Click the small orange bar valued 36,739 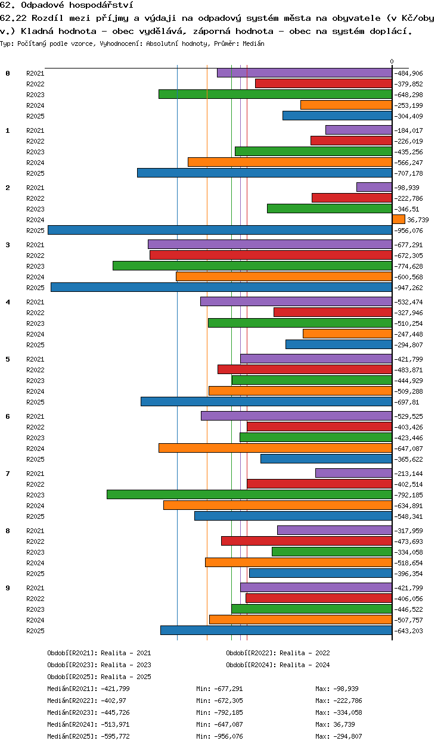399,219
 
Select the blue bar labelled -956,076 220,230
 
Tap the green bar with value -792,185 250,494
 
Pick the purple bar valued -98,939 374,187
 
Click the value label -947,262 408,288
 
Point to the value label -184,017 408,130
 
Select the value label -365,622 408,459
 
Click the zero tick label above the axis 392,62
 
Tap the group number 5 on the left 8,359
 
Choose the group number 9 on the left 8,588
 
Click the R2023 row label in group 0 35,95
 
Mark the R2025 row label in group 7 35,516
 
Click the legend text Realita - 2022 305,653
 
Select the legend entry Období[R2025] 72,677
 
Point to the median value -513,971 115,724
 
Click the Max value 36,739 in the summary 344,724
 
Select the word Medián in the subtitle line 253,43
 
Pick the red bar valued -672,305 271,255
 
